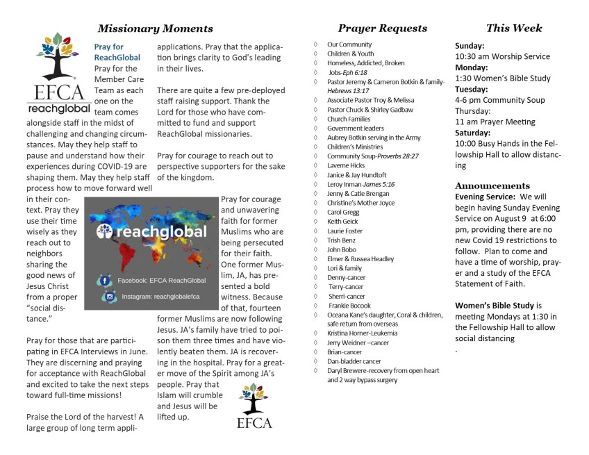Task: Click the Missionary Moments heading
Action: point(155,28)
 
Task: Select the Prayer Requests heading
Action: point(382,28)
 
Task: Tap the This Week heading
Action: point(514,28)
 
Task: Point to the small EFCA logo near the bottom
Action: point(254,408)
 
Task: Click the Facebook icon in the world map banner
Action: point(106,281)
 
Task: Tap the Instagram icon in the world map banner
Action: point(108,297)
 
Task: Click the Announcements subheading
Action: point(492,185)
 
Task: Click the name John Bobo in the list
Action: point(342,249)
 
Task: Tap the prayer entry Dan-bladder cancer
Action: point(354,361)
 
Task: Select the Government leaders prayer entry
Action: point(356,129)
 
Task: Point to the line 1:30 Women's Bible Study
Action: point(503,78)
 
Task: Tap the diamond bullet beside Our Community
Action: point(316,44)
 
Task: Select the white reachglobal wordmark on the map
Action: point(156,232)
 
